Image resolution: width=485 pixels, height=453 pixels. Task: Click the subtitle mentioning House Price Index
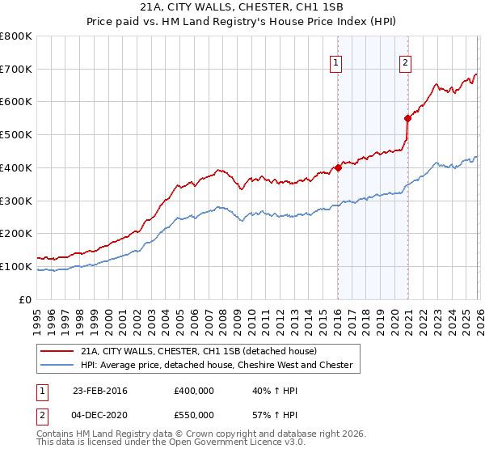tap(242, 22)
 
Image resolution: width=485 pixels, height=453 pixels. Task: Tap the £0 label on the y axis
tap(26, 299)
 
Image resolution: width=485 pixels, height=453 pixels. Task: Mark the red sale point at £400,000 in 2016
tap(338, 167)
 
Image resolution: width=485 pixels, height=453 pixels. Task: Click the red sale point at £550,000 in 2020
tap(408, 118)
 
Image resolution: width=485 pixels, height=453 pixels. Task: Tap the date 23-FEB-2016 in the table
tap(99, 391)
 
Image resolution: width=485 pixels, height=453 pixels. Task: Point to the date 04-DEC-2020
tap(99, 414)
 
